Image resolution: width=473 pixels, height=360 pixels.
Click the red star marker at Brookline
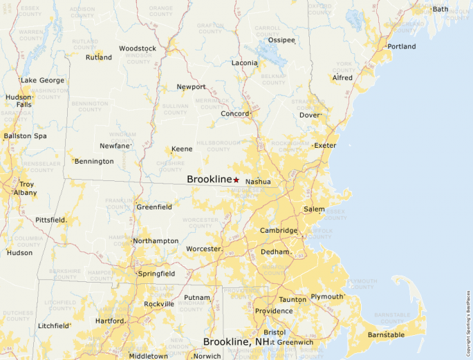(x=236, y=180)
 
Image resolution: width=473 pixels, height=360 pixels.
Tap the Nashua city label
(x=258, y=182)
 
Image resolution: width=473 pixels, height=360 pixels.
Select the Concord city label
(x=234, y=113)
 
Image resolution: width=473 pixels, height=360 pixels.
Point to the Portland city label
(x=402, y=46)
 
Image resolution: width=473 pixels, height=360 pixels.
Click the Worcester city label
(x=203, y=248)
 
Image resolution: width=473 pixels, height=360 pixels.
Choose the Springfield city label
(x=157, y=274)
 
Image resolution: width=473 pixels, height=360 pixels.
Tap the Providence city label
(x=273, y=311)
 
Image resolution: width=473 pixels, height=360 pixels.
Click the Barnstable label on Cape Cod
(x=386, y=335)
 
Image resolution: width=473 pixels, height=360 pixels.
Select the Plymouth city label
(x=326, y=296)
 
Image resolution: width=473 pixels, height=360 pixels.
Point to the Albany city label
(x=26, y=193)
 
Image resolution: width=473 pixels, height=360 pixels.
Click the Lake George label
(x=42, y=80)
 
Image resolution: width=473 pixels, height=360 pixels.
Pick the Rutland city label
(x=99, y=57)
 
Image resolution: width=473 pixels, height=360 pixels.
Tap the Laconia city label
(x=244, y=63)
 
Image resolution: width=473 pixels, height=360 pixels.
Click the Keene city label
(x=182, y=149)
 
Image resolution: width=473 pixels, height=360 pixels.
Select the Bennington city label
(x=94, y=161)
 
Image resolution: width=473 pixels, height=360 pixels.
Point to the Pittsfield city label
(x=50, y=220)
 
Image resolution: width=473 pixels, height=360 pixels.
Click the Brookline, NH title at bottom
(x=236, y=342)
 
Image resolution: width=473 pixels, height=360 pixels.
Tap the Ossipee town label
(x=281, y=40)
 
